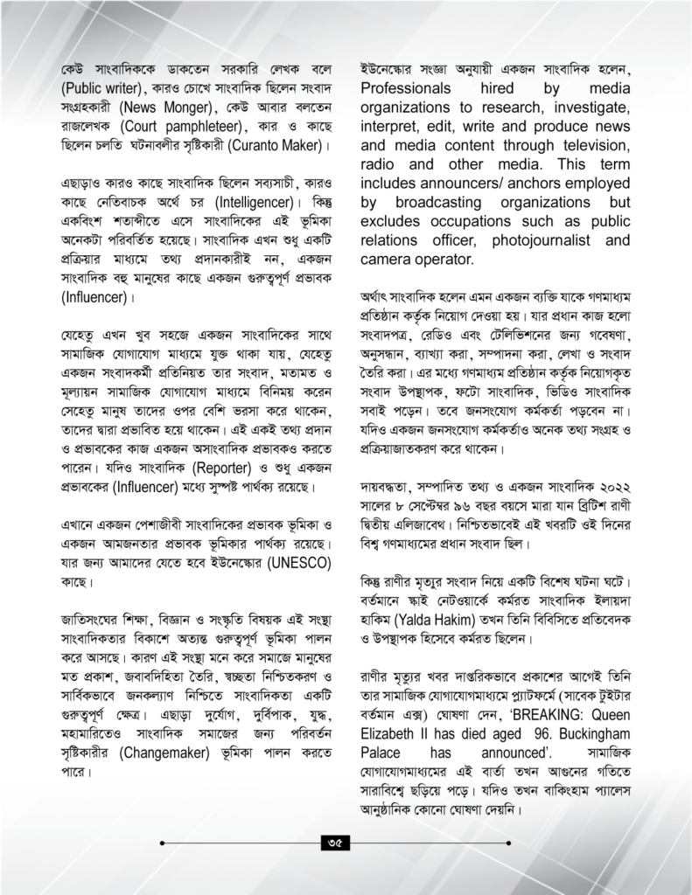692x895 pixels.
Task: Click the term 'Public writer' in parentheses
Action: [100, 88]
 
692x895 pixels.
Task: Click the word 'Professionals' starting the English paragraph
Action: [406, 88]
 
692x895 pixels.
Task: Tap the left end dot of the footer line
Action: [164, 843]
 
